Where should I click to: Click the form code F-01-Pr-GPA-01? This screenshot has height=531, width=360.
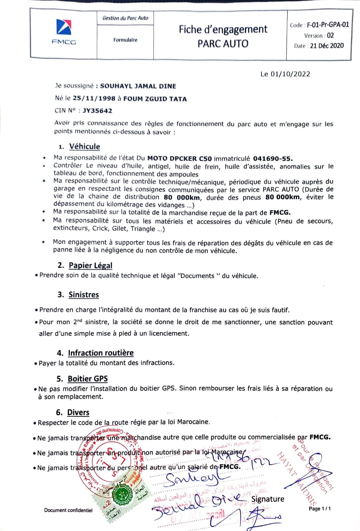[328, 25]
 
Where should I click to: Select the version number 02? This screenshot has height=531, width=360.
[330, 35]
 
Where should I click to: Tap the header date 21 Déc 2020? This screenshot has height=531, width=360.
[327, 46]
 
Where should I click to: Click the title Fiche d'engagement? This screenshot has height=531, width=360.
[223, 30]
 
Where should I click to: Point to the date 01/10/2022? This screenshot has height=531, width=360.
[290, 74]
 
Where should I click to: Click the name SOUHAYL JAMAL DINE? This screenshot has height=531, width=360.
[138, 86]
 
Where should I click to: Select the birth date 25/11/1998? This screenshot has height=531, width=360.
[94, 99]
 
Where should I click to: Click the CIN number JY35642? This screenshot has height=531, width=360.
[97, 111]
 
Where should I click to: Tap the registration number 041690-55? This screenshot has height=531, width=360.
[273, 158]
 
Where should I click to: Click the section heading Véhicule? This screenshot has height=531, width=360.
[84, 146]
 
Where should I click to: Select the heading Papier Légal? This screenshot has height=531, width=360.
[90, 265]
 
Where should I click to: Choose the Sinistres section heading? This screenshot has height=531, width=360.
[84, 294]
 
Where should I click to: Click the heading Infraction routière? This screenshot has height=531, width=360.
[101, 352]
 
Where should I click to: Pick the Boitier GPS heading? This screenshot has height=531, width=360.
[88, 379]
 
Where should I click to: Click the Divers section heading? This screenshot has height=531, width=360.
[78, 412]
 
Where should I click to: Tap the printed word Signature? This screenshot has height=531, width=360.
[267, 499]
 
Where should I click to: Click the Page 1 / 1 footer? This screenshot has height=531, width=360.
[320, 508]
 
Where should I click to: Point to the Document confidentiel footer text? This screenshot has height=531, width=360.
[68, 510]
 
